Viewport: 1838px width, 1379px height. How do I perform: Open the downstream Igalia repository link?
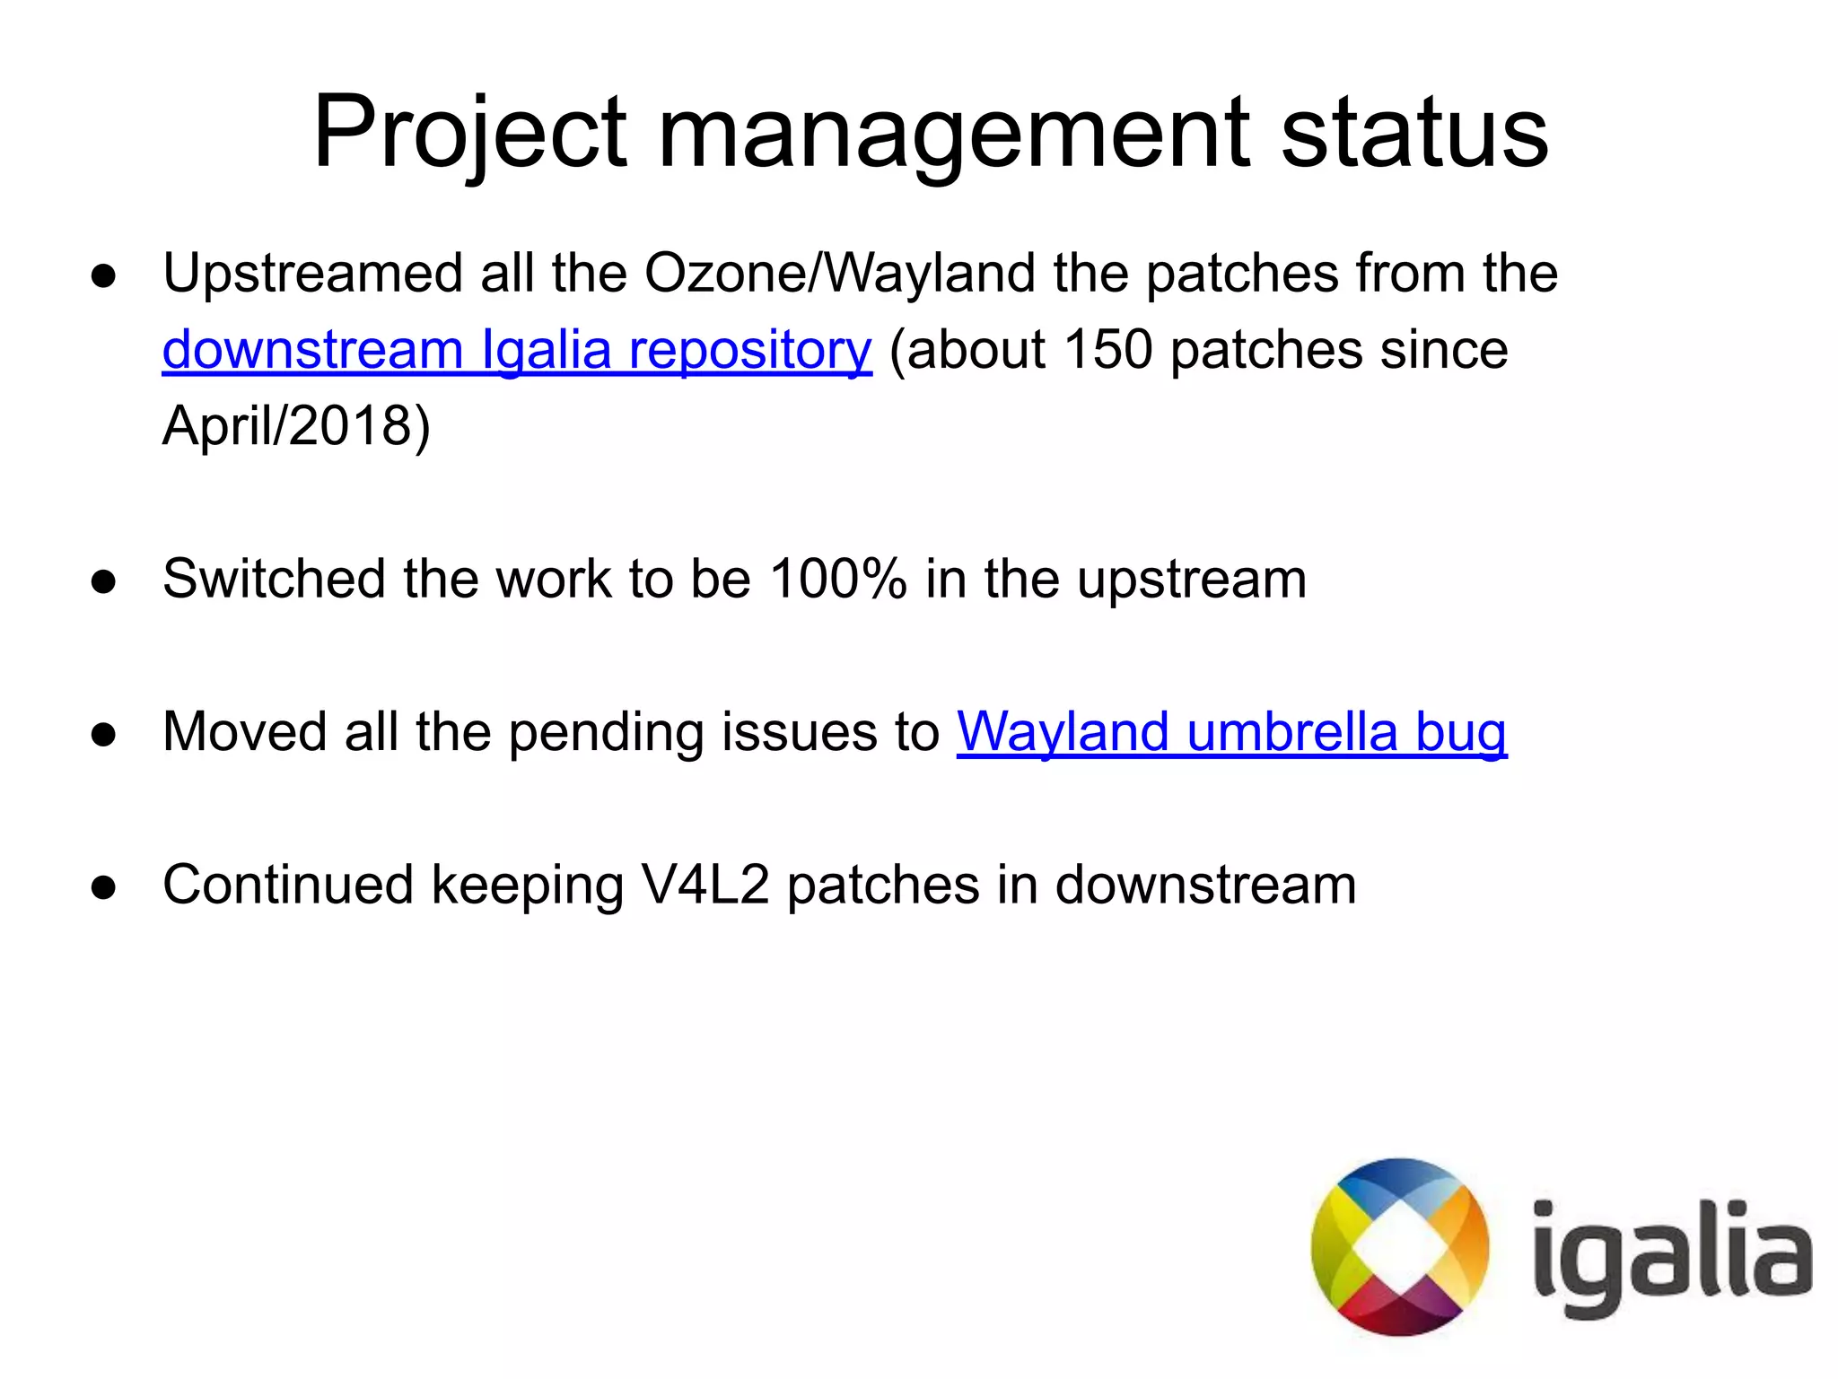coord(517,350)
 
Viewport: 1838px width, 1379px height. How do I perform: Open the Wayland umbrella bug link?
coord(1231,732)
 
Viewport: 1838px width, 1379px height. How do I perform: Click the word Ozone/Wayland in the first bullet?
coord(840,273)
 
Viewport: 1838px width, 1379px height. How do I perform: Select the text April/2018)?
coord(296,425)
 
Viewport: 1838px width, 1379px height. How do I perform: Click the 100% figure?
coord(838,579)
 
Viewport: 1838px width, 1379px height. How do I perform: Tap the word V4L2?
coord(705,886)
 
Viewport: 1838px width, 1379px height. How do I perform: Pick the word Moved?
coord(245,732)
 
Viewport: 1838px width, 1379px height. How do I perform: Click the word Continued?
coord(288,886)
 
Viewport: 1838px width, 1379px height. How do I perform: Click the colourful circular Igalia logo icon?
coord(1399,1246)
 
